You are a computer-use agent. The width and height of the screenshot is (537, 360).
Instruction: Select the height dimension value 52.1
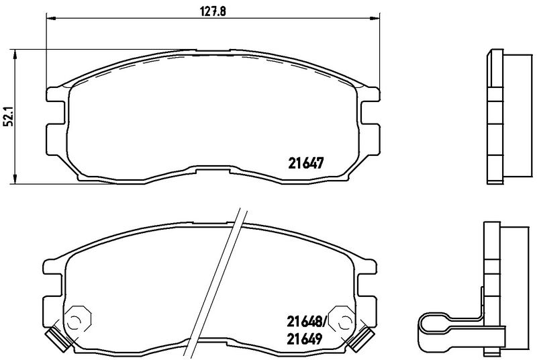point(7,118)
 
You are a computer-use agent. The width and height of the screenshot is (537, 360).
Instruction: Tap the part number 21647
point(307,162)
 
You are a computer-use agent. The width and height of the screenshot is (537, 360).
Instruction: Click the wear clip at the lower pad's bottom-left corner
point(54,336)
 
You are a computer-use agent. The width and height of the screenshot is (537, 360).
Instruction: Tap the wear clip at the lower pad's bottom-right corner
point(363,336)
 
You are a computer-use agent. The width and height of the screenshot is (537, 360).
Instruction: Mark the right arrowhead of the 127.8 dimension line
point(375,17)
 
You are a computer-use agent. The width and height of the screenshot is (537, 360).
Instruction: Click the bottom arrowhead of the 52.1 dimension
point(16,180)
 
